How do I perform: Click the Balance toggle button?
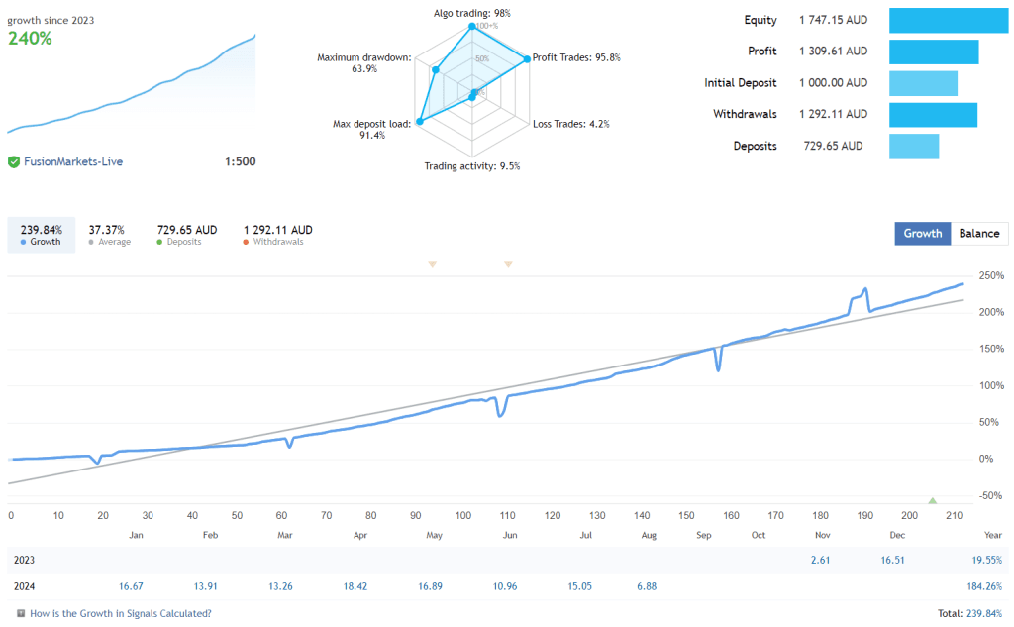click(979, 234)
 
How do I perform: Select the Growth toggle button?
click(922, 234)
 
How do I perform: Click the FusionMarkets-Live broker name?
click(73, 161)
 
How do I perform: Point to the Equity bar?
click(948, 21)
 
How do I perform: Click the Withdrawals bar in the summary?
click(933, 115)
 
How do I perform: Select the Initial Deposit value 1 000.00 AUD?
click(833, 83)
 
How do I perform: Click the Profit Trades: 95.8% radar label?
click(576, 57)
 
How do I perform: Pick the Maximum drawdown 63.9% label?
click(363, 63)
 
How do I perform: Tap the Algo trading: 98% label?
click(471, 13)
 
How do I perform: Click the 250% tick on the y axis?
click(991, 275)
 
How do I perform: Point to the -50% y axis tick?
click(990, 495)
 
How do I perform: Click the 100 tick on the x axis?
click(462, 515)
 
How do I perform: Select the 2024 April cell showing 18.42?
click(355, 586)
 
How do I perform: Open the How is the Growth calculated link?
click(120, 613)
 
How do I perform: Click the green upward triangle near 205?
click(932, 500)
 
